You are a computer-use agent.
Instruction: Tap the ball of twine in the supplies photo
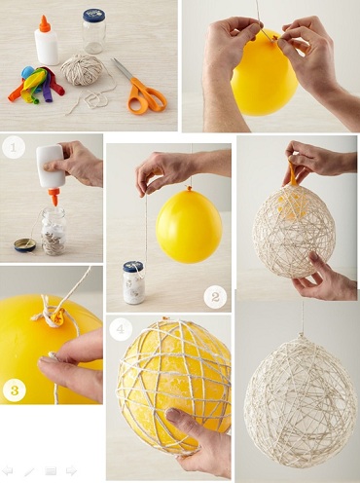[82, 71]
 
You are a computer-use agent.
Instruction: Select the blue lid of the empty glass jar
[93, 16]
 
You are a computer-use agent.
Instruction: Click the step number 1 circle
[13, 149]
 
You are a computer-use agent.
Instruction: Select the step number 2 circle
[216, 297]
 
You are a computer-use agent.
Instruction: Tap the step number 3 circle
[14, 392]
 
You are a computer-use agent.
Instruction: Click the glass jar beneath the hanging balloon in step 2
[134, 282]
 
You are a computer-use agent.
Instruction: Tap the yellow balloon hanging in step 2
[188, 226]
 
